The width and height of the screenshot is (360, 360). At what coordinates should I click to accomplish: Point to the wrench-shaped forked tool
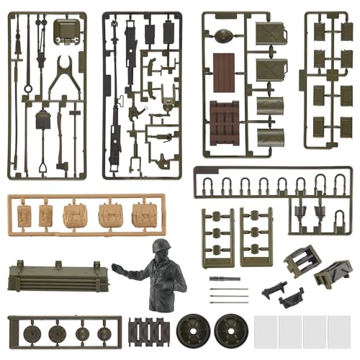click(65, 73)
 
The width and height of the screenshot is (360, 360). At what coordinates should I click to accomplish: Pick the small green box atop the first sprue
click(66, 31)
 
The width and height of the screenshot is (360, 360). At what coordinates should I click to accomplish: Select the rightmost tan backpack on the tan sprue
click(143, 214)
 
